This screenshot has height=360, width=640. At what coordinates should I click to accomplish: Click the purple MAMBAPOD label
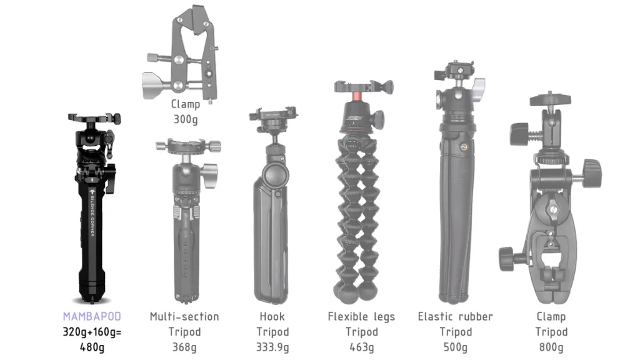point(92,316)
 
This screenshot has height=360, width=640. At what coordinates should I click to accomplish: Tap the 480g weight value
point(92,347)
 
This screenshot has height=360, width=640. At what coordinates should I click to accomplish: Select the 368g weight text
point(184,347)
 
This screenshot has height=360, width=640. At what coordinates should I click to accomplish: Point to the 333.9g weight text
point(272,347)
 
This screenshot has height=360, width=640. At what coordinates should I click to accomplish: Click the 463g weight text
point(362,347)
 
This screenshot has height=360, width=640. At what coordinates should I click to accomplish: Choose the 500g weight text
point(456,347)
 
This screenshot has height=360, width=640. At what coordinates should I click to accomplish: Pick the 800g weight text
point(551,347)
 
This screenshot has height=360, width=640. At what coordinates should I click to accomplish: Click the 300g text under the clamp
point(186,119)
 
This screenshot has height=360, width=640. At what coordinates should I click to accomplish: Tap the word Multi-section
point(184,316)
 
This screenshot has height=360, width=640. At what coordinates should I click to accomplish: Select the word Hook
point(272,316)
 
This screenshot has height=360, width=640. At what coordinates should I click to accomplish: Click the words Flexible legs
point(362,317)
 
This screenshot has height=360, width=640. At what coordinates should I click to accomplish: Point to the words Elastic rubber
point(456,316)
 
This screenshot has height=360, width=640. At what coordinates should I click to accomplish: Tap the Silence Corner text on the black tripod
point(92,214)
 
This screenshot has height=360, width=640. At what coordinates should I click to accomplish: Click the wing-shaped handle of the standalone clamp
point(154,85)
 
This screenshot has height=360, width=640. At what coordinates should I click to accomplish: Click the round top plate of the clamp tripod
point(550,99)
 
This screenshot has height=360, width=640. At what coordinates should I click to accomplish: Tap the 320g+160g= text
point(92,332)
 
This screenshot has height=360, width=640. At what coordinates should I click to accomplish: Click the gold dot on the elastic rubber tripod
point(464,147)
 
